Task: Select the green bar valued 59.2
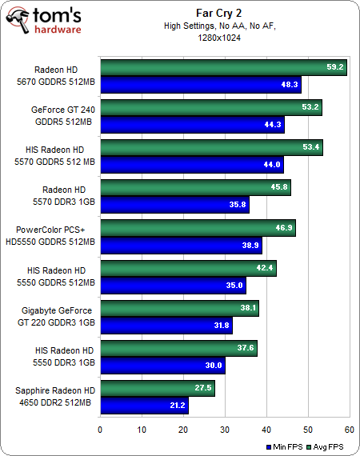[x=222, y=67]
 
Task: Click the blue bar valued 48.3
[x=200, y=83]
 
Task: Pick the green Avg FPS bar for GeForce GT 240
[x=210, y=107]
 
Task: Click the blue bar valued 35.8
[x=174, y=204]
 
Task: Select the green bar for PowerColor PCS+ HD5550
[x=197, y=227]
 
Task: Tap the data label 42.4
[x=265, y=268]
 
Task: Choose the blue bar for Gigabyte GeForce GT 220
[x=166, y=324]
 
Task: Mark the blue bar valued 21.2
[x=143, y=405]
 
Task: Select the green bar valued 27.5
[x=157, y=388]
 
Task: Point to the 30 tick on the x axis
[x=225, y=430]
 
